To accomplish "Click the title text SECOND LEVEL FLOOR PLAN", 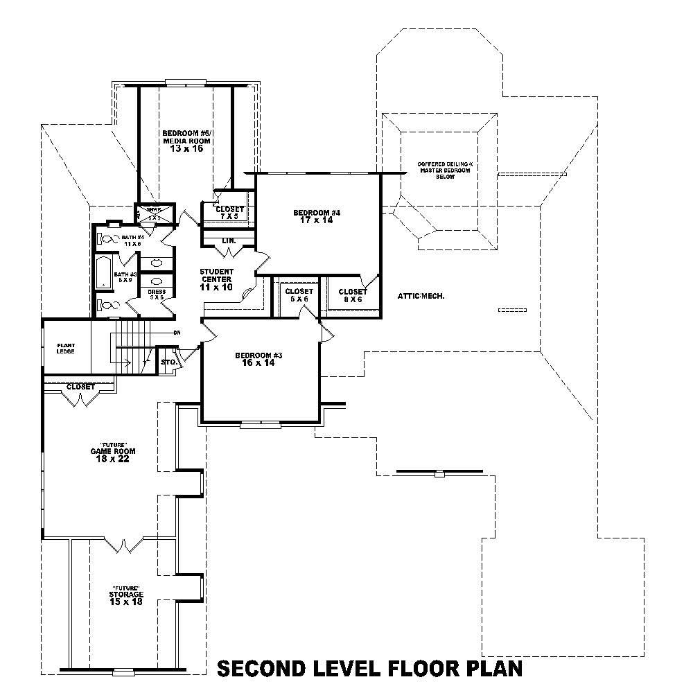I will point(369,668).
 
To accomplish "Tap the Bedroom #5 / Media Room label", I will point(186,141).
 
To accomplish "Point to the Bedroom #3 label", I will point(258,358).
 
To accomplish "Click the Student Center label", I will point(217,279).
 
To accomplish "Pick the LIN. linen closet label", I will point(229,241).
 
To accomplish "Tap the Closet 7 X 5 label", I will point(229,212).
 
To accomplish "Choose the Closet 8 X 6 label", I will point(353,296).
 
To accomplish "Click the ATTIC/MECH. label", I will point(421,296).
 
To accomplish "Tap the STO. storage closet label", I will point(167,362).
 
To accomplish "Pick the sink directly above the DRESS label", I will point(157,281).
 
